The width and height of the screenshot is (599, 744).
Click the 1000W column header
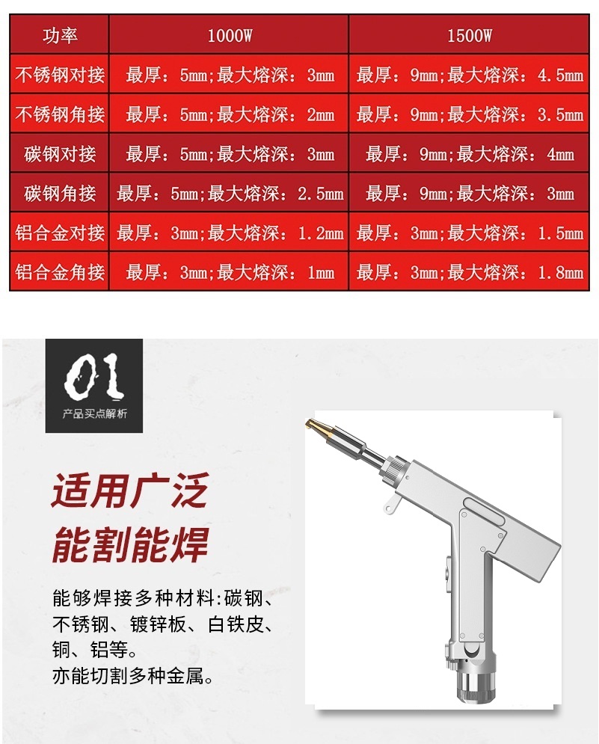[x=230, y=36]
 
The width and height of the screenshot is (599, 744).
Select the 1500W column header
[x=470, y=36]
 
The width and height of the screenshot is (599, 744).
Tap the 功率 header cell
[x=60, y=36]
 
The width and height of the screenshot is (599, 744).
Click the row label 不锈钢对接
[x=60, y=75]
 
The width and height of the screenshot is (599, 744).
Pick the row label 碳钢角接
[x=60, y=194]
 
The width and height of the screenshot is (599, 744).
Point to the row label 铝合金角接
[x=60, y=272]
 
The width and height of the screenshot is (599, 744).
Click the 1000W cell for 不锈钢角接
[x=230, y=114]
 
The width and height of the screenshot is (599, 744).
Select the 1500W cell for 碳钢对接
[x=470, y=154]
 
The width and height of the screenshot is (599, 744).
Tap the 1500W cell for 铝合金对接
[x=470, y=233]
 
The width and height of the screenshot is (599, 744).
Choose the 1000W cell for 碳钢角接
[x=230, y=194]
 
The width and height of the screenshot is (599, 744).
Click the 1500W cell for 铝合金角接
[x=470, y=272]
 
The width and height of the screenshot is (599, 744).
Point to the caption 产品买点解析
[x=94, y=413]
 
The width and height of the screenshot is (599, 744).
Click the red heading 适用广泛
[x=129, y=491]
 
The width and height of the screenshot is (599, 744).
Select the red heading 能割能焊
[x=129, y=544]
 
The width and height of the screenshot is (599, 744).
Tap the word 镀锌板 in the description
[x=158, y=624]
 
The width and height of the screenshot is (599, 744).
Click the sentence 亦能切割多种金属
[x=132, y=676]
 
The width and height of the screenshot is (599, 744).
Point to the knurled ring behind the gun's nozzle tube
[x=394, y=470]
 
